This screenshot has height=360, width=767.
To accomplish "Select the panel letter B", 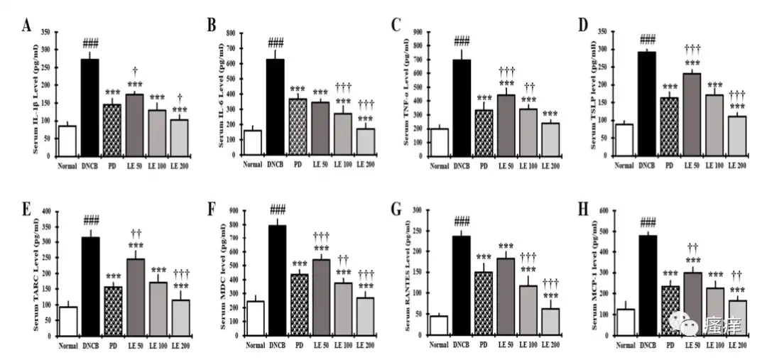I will click(212, 26).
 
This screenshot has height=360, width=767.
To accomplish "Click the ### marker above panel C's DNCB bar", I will click(462, 41).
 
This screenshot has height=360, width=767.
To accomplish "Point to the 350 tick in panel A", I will click(45, 32).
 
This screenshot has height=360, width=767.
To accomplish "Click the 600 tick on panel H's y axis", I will click(602, 212).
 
